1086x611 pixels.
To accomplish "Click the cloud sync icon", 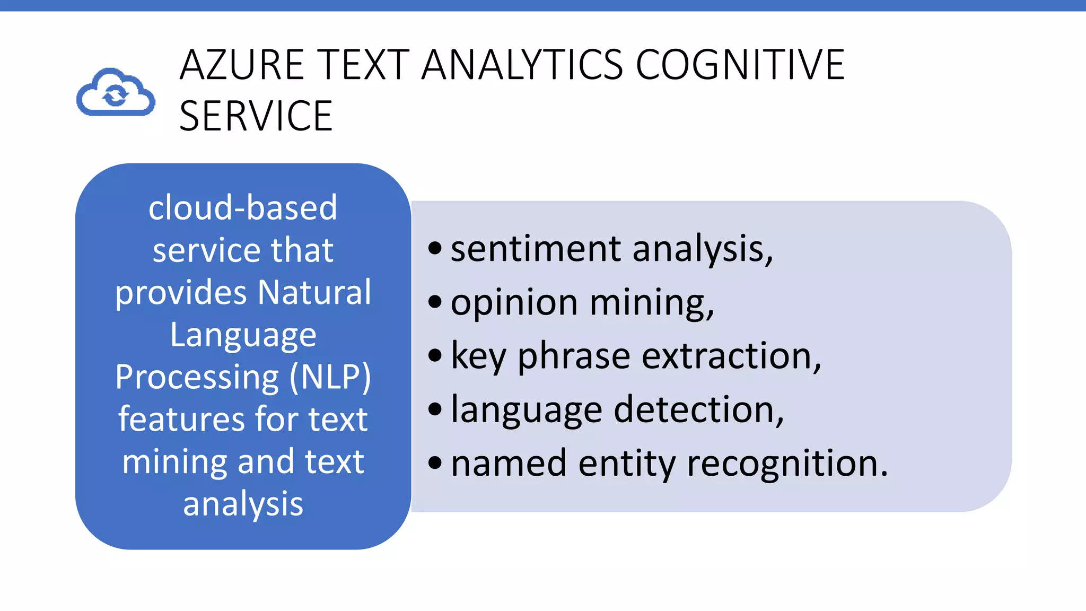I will pyautogui.click(x=116, y=92).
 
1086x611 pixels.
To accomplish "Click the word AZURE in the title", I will pyautogui.click(x=242, y=65).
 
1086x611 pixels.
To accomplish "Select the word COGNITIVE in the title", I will pyautogui.click(x=740, y=65).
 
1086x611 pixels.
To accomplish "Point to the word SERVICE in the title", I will pyautogui.click(x=256, y=116).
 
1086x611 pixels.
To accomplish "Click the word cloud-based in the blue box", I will pyautogui.click(x=243, y=207).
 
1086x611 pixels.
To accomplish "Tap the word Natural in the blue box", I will pyautogui.click(x=314, y=292).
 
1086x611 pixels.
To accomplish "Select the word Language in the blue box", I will pyautogui.click(x=243, y=335).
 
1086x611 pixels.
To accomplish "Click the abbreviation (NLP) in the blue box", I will pyautogui.click(x=330, y=377).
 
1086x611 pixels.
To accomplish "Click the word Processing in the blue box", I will pyautogui.click(x=197, y=377).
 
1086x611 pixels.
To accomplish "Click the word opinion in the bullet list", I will pyautogui.click(x=514, y=303).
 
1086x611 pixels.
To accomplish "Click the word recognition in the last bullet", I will pyautogui.click(x=787, y=463).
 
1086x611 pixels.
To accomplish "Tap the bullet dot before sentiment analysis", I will pyautogui.click(x=435, y=248).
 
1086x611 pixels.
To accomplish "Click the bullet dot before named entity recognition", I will pyautogui.click(x=435, y=462).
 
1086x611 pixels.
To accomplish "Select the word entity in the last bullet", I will pyautogui.click(x=627, y=463).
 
